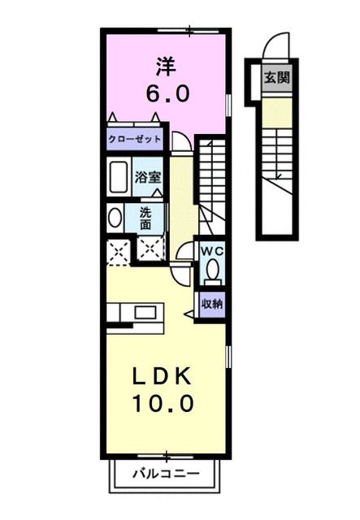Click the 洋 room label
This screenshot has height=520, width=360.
pos(167,63)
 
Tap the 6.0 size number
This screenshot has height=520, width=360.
pos(167,93)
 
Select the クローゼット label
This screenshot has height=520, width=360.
pos(135,139)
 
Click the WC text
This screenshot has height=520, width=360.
pos(213,251)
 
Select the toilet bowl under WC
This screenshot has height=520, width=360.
pos(213,269)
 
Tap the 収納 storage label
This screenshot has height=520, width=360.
pos(213,303)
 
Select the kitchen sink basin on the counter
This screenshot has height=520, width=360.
pos(147,312)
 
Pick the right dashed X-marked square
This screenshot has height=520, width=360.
pos(149,253)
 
